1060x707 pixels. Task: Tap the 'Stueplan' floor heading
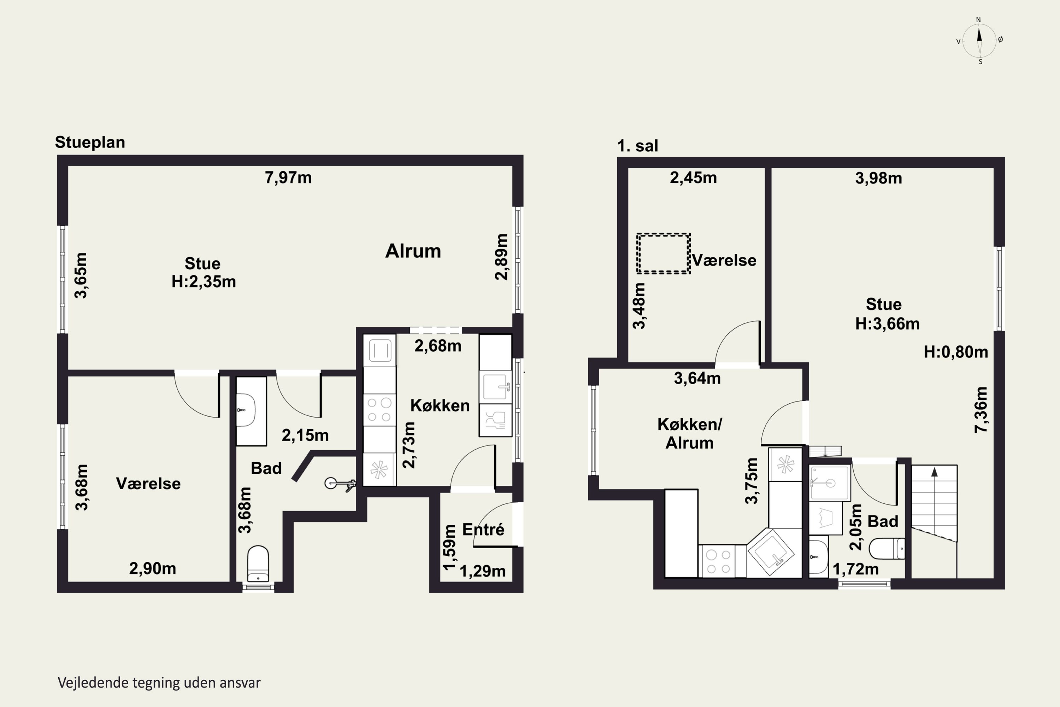pos(90,142)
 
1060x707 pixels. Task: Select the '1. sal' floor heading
pos(637,146)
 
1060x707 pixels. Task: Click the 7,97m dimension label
pos(288,178)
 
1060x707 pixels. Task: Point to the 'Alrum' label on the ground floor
pos(413,251)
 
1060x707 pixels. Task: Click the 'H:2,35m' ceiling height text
pos(204,282)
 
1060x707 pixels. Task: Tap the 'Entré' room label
pos(483,529)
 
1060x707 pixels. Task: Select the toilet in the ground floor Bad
pos(258,564)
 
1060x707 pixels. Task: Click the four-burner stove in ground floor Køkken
pos(379,409)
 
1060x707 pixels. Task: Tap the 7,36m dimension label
pos(981,410)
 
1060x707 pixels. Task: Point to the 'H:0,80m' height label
pos(956,352)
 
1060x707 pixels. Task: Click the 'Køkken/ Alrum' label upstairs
pos(690,433)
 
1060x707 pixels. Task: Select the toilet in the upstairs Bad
pos(887,549)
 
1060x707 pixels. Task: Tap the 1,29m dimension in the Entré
pos(482,571)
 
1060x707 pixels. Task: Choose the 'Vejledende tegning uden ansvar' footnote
pos(159,683)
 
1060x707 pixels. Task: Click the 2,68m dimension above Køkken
pos(438,346)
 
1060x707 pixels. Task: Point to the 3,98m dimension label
pos(879,178)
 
